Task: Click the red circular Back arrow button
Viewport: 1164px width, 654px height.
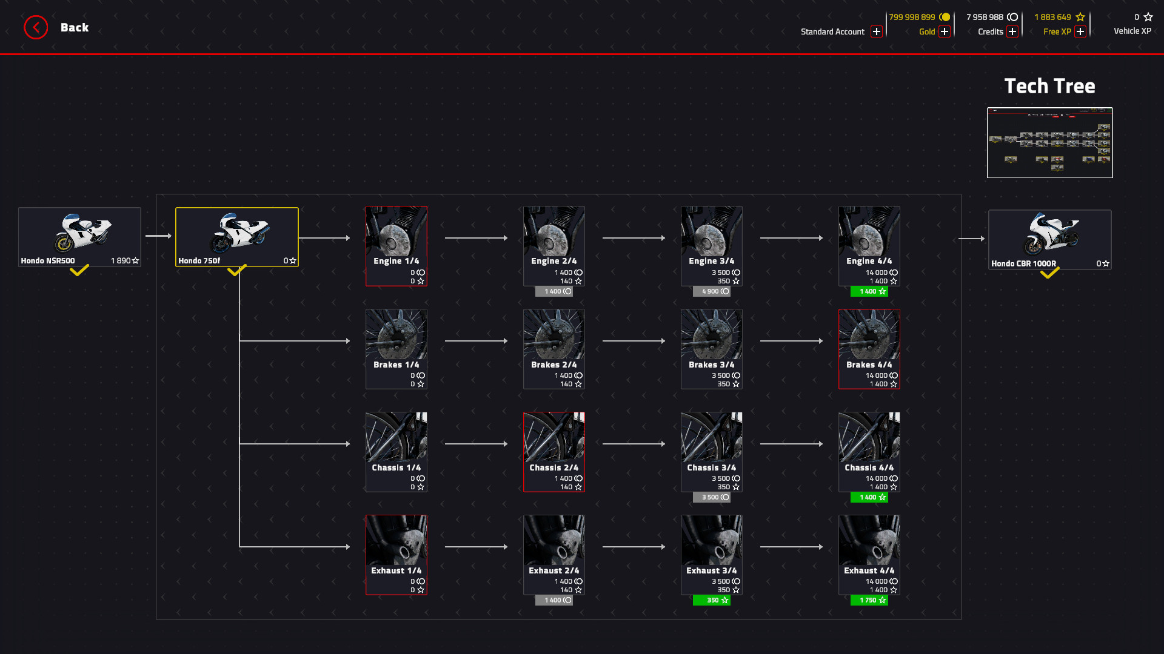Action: point(36,27)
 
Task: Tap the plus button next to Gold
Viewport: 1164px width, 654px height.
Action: point(944,31)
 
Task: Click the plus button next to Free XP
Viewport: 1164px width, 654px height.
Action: point(1080,31)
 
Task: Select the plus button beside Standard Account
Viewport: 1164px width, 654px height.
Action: point(876,31)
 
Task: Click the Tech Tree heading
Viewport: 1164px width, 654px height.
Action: point(1049,86)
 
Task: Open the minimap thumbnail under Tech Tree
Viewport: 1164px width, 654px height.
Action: point(1049,142)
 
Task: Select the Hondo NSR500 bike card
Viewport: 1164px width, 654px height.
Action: point(79,237)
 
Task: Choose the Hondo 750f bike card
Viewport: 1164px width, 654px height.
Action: point(237,237)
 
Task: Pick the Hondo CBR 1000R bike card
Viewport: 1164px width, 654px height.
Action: point(1049,239)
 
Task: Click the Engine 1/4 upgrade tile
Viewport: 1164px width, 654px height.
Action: point(396,246)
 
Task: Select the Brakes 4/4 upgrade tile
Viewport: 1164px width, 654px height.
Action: point(869,349)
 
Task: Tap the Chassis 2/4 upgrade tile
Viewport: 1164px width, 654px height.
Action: point(554,452)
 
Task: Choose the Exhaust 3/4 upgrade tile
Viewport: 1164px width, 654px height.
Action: point(711,555)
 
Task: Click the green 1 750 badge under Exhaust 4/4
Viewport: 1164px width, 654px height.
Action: point(869,600)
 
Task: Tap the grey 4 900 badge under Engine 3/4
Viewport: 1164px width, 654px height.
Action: point(711,291)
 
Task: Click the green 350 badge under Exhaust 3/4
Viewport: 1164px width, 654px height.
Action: point(711,600)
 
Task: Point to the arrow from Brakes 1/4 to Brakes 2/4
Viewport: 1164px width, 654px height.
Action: point(476,341)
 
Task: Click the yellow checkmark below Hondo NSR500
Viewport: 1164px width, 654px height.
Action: point(79,271)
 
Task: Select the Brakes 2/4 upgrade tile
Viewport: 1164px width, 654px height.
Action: point(554,349)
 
